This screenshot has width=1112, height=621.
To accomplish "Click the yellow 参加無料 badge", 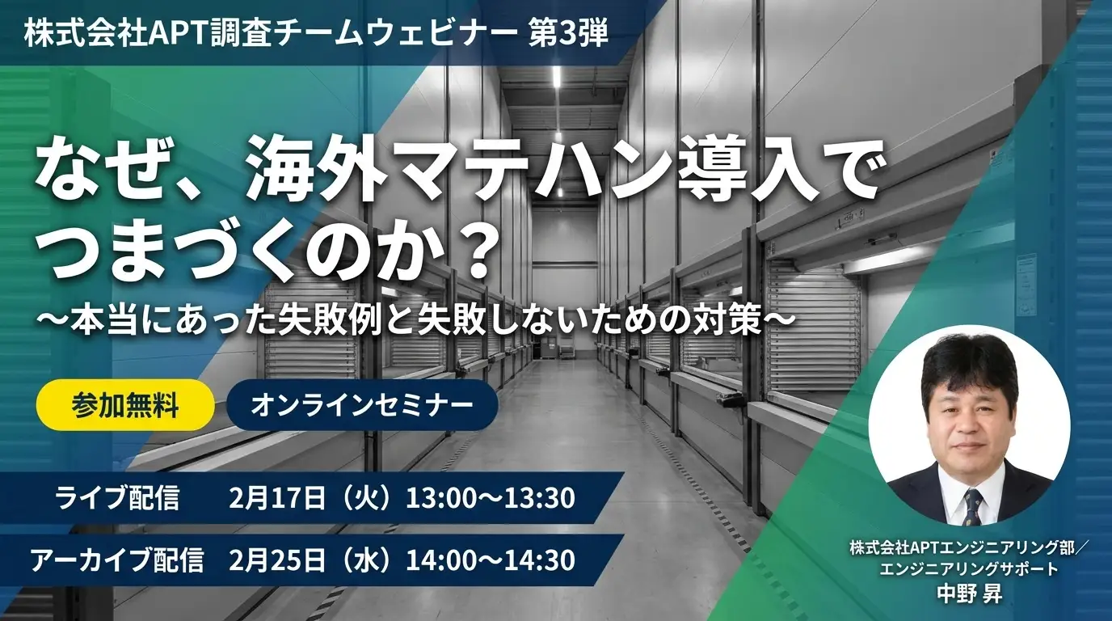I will click(125, 404).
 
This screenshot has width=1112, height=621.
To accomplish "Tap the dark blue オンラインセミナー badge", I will click(361, 404).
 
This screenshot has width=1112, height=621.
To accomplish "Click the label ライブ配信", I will click(117, 497).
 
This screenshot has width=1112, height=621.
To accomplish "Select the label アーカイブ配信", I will click(117, 560).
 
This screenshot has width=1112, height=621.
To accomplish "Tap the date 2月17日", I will click(276, 497).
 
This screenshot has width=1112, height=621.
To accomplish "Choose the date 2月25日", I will click(276, 560).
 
